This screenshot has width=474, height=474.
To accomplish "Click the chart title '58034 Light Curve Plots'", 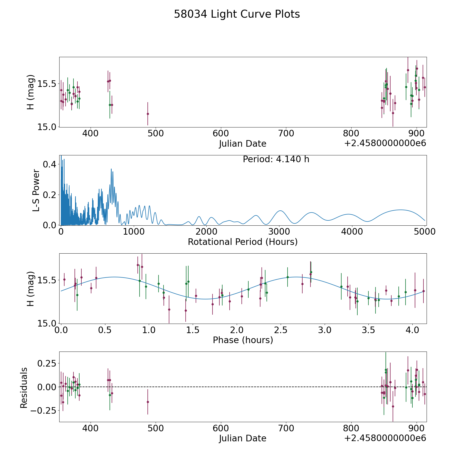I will click(x=237, y=14).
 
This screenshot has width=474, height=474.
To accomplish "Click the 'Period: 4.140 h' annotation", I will click(x=276, y=159).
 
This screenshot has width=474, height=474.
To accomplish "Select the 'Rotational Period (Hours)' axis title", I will click(x=243, y=242).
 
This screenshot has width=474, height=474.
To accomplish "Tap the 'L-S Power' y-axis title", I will click(x=36, y=190).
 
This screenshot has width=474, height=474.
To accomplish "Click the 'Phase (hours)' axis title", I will click(x=243, y=340).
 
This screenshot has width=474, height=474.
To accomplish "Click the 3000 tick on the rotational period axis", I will click(x=279, y=232).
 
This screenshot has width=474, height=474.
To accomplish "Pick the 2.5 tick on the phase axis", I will click(x=281, y=330).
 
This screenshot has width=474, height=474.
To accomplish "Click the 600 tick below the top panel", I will click(x=221, y=134).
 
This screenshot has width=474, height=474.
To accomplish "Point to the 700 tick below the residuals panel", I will click(x=286, y=428).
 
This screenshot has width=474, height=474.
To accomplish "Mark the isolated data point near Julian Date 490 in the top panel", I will click(x=148, y=114).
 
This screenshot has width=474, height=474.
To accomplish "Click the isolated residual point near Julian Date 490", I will click(x=148, y=402).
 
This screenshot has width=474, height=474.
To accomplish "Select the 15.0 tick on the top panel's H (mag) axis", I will click(x=47, y=127).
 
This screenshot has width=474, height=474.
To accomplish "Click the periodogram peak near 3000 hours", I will click(x=280, y=211).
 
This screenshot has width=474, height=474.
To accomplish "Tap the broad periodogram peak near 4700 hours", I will click(x=401, y=210).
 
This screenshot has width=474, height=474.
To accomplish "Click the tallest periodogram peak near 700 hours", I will click(x=111, y=169).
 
